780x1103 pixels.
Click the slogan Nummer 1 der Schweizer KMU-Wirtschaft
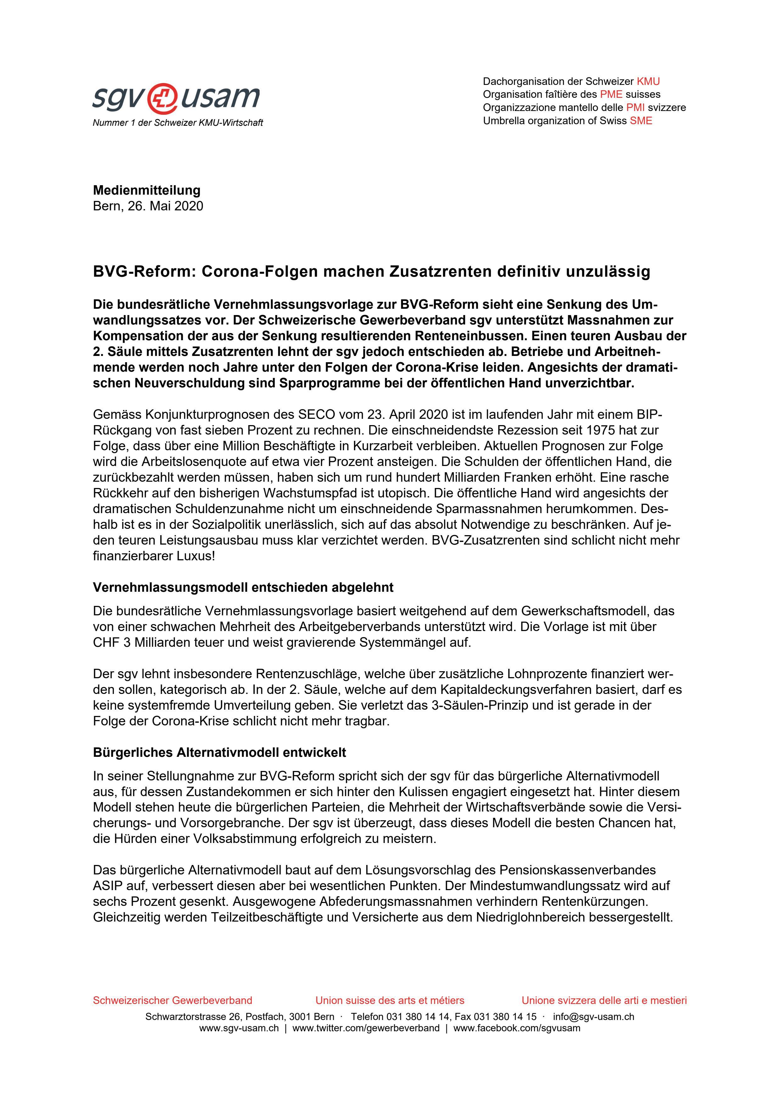pyautogui.click(x=178, y=123)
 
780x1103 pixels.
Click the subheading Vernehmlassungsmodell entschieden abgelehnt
pyautogui.click(x=243, y=588)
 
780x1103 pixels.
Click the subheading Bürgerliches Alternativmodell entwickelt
pyautogui.click(x=220, y=752)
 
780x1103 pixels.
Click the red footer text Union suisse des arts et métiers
pyautogui.click(x=390, y=1001)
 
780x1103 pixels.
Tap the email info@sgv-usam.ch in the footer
pyautogui.click(x=593, y=1017)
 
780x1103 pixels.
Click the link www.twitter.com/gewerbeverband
pyautogui.click(x=366, y=1028)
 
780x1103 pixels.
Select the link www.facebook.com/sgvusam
pyautogui.click(x=517, y=1028)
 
